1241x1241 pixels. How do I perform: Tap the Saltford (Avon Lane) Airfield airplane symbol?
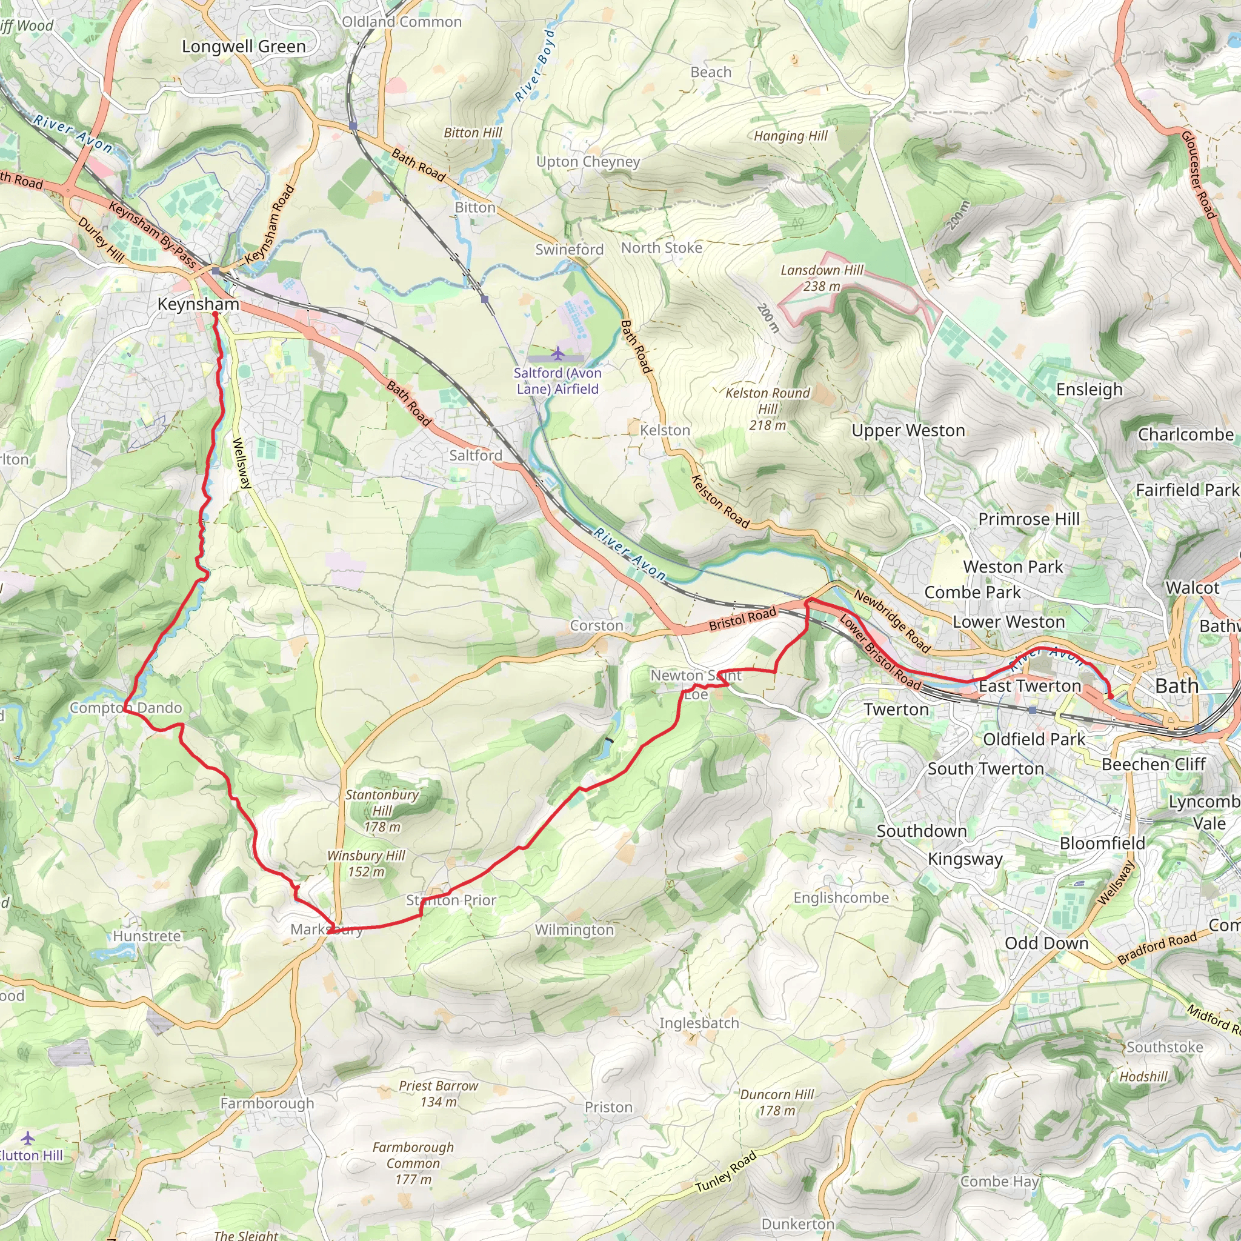click(x=557, y=353)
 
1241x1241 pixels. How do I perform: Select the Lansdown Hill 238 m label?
click(x=822, y=278)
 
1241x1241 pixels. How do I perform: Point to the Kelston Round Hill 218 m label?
click(x=768, y=408)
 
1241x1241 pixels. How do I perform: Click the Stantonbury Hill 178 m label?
click(x=382, y=811)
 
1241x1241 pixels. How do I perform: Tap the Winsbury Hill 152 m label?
click(x=366, y=863)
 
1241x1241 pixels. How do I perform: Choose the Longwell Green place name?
click(x=244, y=47)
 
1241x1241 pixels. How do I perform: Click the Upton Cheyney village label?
click(x=588, y=162)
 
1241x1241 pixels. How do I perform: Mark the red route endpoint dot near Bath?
click(x=1111, y=696)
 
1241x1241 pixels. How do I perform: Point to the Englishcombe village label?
click(x=841, y=897)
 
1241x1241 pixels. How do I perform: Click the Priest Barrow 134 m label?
click(x=439, y=1093)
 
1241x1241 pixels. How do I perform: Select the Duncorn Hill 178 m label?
click(x=777, y=1102)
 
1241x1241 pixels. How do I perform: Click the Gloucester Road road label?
click(x=1199, y=175)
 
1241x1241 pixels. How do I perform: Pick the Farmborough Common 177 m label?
click(x=413, y=1163)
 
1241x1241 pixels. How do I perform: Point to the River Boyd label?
click(x=534, y=65)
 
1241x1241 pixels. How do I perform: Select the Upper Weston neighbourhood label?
click(x=908, y=430)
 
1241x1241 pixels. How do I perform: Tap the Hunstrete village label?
click(x=147, y=936)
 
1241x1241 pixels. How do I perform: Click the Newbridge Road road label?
click(x=891, y=622)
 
